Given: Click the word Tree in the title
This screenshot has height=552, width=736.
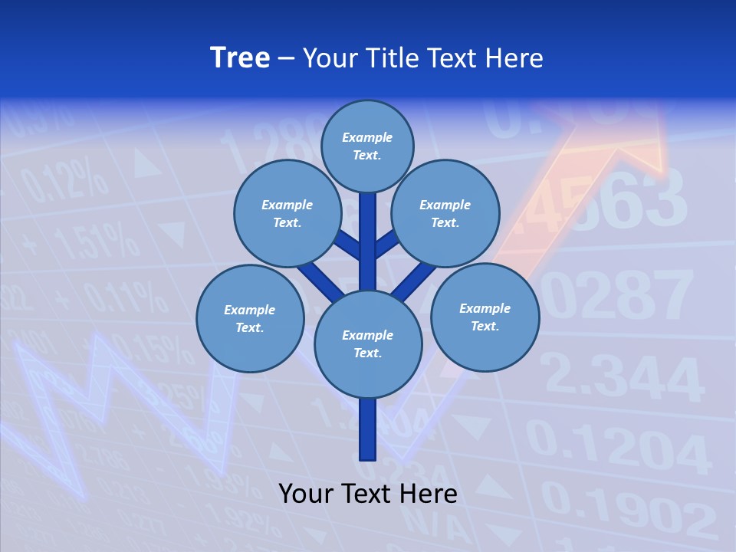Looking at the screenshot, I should (x=240, y=58).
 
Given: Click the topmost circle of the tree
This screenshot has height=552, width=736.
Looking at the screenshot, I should (x=367, y=146).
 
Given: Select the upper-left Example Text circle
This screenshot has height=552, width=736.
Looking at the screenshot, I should (x=287, y=213).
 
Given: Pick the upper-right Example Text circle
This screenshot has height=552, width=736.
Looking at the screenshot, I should (x=445, y=213).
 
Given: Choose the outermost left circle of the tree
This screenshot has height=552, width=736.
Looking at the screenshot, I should (x=250, y=318).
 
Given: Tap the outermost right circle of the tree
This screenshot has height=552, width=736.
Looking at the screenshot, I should (x=485, y=317).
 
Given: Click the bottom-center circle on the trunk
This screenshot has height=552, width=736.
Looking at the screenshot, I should (x=368, y=344).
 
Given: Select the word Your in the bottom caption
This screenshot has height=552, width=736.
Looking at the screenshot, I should (x=305, y=494).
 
